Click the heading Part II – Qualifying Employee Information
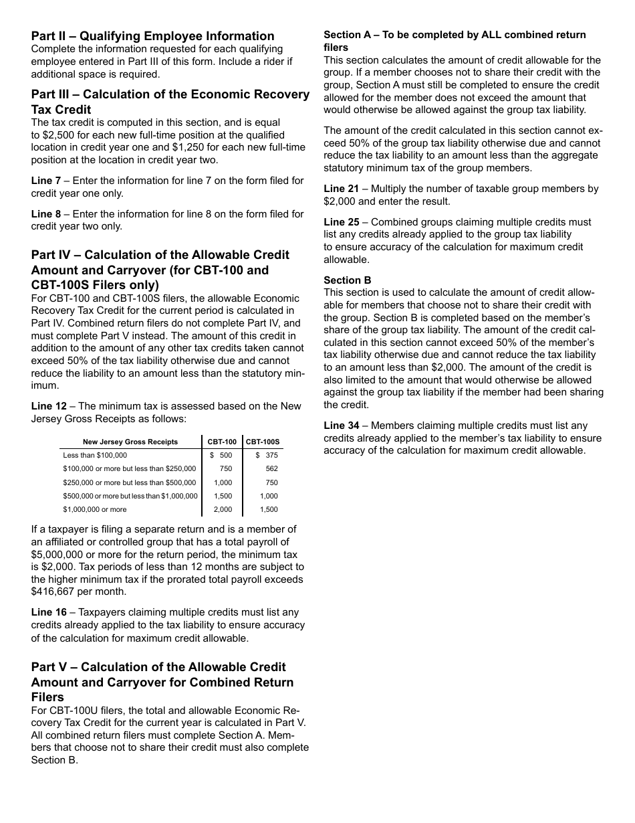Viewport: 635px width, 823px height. [152, 36]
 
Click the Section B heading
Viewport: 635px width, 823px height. [347, 280]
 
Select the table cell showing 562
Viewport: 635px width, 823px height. [271, 469]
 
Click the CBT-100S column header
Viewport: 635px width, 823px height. [263, 442]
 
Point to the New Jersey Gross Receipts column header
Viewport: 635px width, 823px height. [130, 442]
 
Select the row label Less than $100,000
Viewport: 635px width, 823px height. [95, 456]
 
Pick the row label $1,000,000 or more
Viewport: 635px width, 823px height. [95, 510]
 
